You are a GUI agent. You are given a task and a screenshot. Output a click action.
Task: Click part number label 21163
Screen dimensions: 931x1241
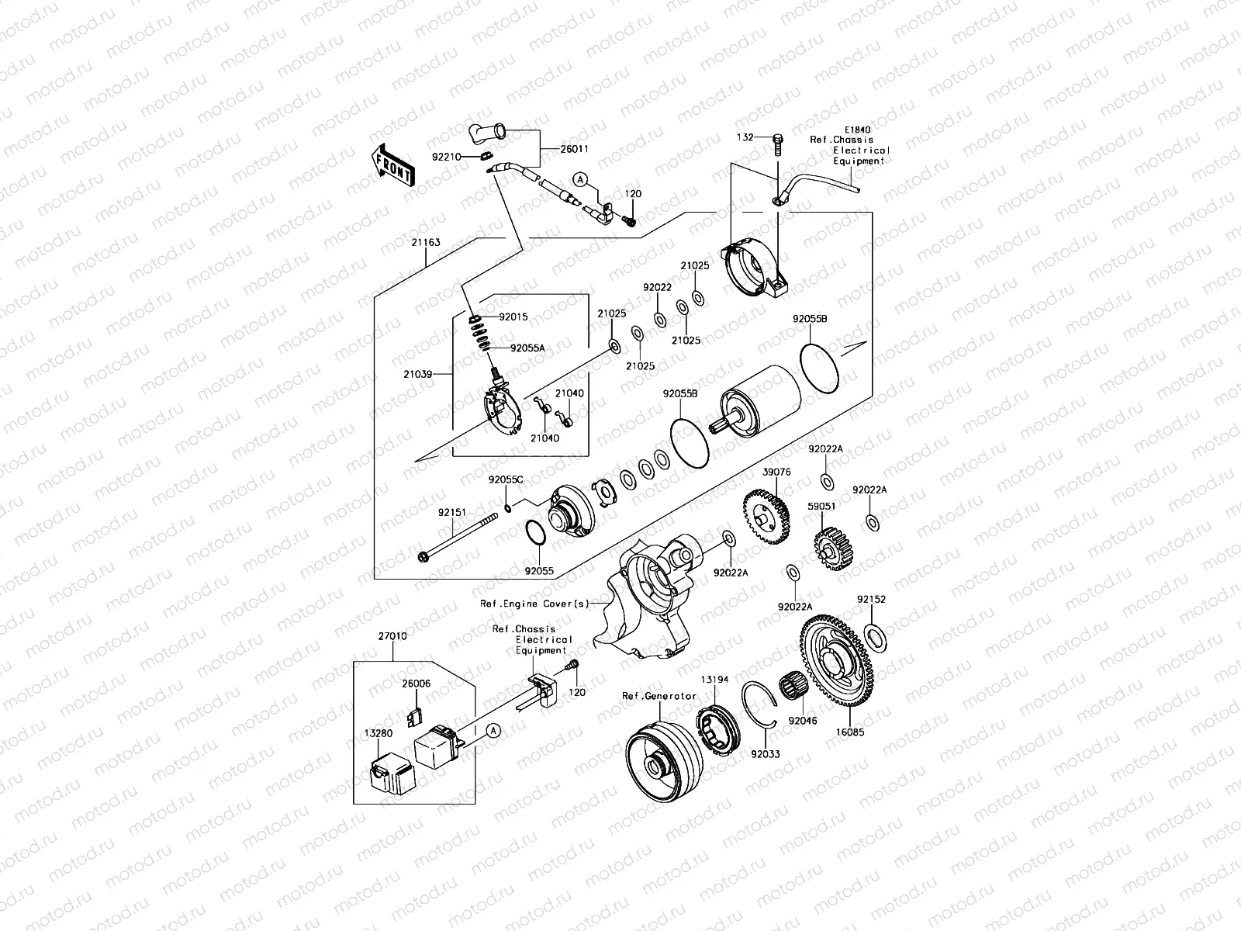coord(426,242)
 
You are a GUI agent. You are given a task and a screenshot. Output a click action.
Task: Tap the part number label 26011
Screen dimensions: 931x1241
coord(574,149)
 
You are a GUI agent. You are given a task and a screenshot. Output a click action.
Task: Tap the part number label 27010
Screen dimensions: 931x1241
coord(392,635)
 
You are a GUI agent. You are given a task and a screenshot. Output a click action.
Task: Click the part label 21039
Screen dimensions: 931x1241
coord(417,374)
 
